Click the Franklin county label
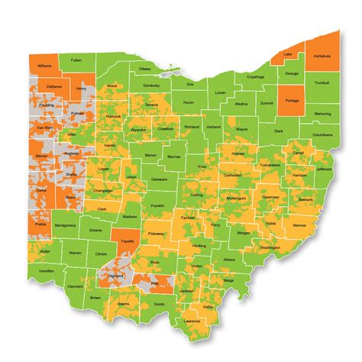(x=157, y=205)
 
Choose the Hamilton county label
(x=47, y=270)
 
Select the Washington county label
(x=270, y=247)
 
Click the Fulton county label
(x=76, y=59)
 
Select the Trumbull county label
(x=322, y=82)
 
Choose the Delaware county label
(x=159, y=178)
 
